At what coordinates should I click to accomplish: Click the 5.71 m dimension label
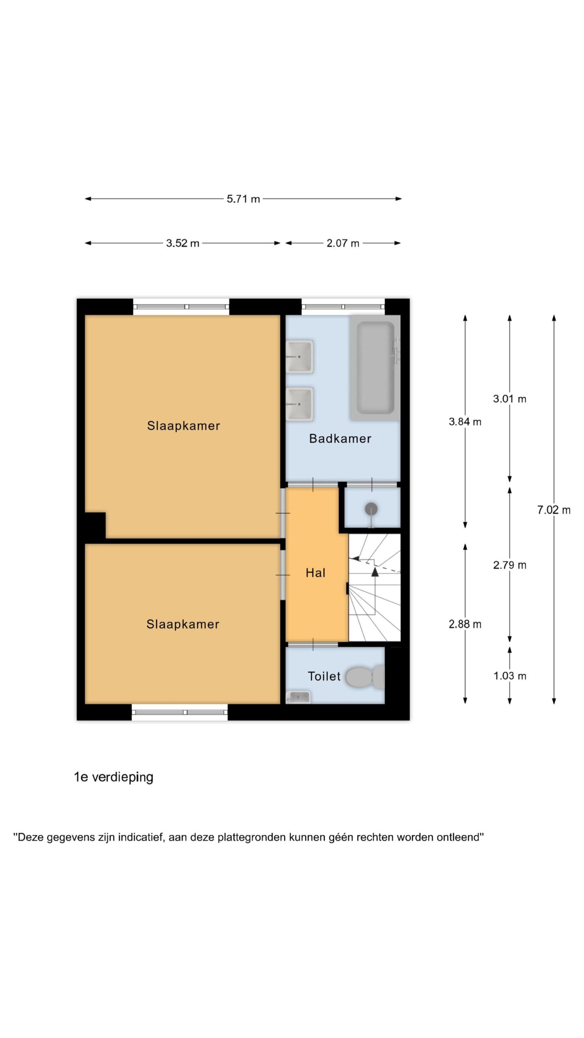(243, 199)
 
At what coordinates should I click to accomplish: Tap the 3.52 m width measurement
(182, 243)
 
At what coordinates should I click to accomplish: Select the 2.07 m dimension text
(343, 243)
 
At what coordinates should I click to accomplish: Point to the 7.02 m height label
(554, 510)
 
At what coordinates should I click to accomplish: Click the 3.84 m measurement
(465, 422)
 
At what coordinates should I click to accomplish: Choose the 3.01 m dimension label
(510, 399)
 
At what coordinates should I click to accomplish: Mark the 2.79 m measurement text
(510, 565)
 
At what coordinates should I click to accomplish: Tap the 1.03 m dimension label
(510, 676)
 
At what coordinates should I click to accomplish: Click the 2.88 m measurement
(465, 624)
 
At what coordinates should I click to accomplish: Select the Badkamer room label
(340, 438)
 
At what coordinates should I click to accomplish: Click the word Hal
(316, 573)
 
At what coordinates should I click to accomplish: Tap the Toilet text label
(324, 676)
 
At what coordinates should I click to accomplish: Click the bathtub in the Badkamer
(375, 367)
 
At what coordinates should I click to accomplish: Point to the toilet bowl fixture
(365, 677)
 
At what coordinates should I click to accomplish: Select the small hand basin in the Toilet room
(298, 697)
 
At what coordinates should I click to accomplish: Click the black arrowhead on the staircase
(375, 572)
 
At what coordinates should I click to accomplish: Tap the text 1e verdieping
(114, 777)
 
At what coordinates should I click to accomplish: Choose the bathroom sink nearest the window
(300, 356)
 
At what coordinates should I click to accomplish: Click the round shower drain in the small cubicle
(371, 509)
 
